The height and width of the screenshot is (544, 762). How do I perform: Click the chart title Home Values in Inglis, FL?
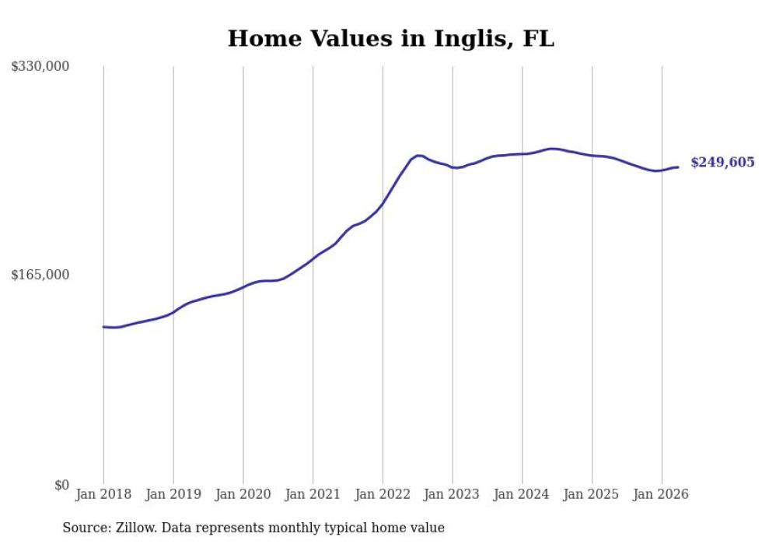(390, 38)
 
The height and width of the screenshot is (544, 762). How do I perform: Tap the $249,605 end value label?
(722, 163)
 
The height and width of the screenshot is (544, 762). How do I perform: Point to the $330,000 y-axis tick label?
(40, 66)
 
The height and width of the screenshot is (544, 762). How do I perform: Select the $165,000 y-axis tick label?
(40, 275)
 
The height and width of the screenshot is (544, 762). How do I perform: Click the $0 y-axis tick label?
(61, 485)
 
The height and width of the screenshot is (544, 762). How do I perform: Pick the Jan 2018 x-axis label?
(103, 494)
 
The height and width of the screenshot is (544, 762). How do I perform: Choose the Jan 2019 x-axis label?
(173, 494)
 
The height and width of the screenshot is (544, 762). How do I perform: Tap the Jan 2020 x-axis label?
(243, 494)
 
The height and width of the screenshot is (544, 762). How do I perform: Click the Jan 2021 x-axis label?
(313, 494)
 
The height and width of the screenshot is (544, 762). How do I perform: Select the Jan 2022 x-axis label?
(383, 494)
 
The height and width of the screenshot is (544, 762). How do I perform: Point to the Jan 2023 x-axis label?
(452, 494)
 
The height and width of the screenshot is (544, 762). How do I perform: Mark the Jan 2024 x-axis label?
(522, 494)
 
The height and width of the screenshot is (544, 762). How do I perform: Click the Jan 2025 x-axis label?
(592, 494)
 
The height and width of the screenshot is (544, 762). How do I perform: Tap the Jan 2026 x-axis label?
(661, 494)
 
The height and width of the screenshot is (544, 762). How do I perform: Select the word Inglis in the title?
(474, 39)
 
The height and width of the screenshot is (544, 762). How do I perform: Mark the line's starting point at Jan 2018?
(103, 327)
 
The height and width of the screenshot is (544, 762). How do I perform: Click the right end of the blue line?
(678, 167)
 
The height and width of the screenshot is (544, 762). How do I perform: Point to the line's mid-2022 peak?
(418, 156)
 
